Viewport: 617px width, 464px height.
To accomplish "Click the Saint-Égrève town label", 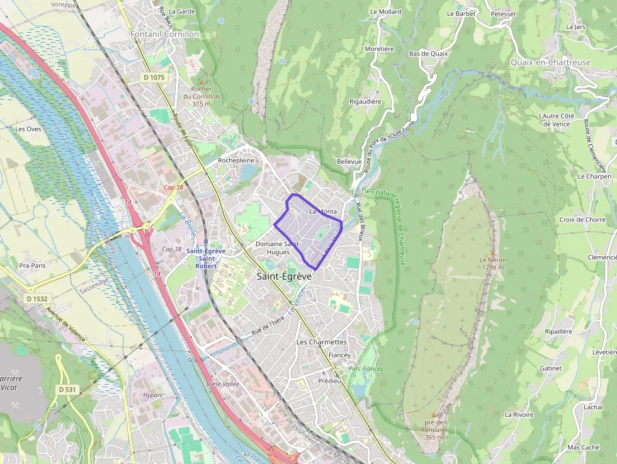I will tap(284, 276).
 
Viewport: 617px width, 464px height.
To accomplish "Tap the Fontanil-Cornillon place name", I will tap(164, 34).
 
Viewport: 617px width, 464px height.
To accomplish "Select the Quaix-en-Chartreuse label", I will tap(550, 62).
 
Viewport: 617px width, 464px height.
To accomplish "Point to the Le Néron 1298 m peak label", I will tap(492, 263).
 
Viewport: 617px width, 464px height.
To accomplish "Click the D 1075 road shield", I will tap(153, 77).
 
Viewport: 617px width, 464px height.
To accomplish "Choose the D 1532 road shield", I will tap(38, 298).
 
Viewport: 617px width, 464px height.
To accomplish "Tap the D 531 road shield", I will tap(67, 390).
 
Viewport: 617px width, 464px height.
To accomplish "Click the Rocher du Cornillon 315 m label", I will tap(201, 96).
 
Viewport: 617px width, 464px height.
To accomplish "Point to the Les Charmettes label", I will tap(321, 342).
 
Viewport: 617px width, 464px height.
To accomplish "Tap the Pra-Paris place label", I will tap(32, 266).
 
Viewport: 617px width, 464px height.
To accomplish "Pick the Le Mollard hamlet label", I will tap(385, 12).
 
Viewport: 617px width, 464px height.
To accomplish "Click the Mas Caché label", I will tap(583, 448).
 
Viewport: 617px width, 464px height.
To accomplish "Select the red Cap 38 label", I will tap(173, 188).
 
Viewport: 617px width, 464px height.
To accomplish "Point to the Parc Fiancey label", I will tap(366, 368).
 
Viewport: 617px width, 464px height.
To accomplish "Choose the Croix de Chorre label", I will tap(582, 220).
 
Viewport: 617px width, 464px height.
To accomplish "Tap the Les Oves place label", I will tap(28, 128).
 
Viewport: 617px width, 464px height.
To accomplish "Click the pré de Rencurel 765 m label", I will tap(435, 429).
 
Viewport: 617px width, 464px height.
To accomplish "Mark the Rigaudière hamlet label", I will tap(365, 101).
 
